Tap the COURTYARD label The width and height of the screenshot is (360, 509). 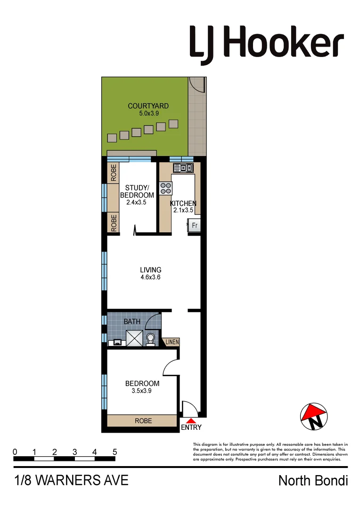148,106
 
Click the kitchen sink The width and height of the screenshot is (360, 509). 183,168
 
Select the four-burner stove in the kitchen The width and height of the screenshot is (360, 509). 166,188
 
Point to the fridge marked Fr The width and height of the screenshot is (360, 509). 194,226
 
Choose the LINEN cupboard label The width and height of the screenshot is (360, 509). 172,342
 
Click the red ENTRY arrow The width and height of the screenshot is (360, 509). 191,421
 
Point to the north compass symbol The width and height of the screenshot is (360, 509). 314,416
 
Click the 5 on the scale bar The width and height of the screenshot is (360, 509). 115,452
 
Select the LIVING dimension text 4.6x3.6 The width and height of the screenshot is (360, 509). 151,278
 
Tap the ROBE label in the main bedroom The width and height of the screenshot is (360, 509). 143,421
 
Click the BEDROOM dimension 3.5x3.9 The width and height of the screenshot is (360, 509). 139,391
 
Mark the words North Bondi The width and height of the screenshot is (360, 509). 313,481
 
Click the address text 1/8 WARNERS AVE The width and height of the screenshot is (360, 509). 72,481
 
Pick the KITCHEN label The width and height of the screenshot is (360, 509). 183,204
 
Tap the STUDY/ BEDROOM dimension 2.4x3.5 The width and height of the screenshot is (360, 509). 137,202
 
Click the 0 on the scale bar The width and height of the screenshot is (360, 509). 15,452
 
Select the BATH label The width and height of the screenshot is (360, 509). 132,321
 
